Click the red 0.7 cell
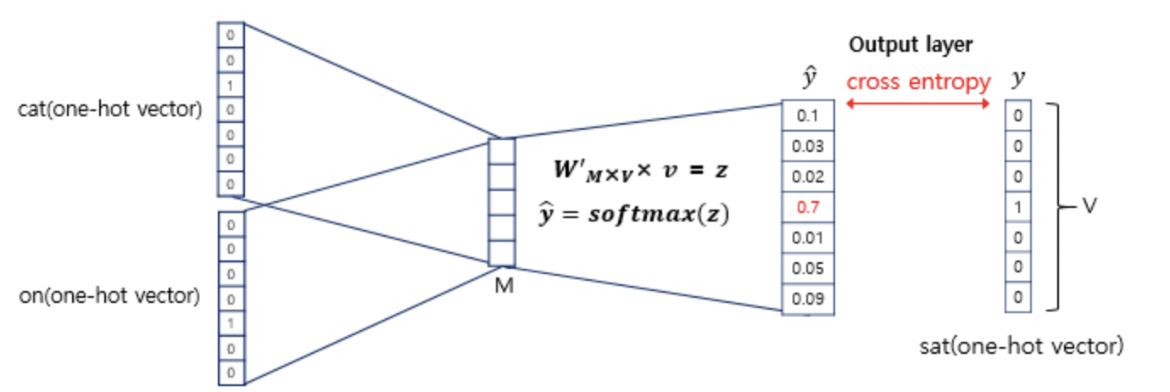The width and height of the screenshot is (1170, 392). [807, 207]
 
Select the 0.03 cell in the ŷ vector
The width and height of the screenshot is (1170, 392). [807, 146]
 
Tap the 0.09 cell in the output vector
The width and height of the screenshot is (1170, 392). [807, 299]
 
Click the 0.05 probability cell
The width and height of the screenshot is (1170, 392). [807, 268]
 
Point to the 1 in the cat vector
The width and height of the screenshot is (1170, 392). [231, 86]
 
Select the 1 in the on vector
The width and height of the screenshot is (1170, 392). [231, 324]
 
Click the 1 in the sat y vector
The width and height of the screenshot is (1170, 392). [1017, 207]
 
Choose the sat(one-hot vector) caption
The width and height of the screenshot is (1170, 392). [1021, 347]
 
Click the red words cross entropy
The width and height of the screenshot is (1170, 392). [918, 82]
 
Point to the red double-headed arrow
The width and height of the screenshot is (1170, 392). [918, 104]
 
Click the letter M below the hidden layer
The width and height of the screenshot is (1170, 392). [504, 286]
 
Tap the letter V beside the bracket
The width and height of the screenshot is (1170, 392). [1090, 206]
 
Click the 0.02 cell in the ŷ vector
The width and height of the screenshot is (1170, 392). [807, 176]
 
